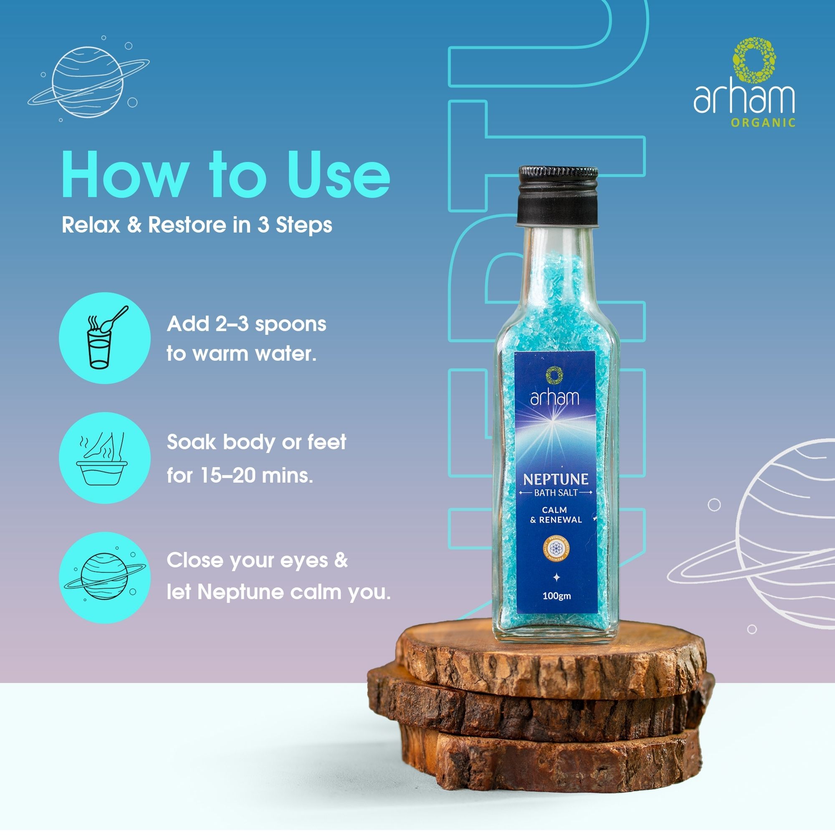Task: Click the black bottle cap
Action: coord(558,197)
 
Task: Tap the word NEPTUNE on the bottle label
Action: coord(555,479)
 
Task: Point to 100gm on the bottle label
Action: coord(556,596)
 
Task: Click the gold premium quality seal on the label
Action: coord(555,549)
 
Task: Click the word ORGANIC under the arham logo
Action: coord(763,123)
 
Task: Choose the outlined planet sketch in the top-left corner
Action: coord(88,82)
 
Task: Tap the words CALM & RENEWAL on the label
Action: coord(555,515)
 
